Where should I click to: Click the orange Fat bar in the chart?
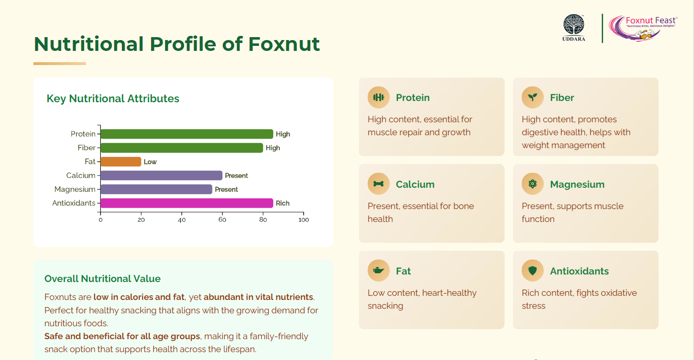coord(121,162)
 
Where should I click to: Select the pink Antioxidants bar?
coord(187,203)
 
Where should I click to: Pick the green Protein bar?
coord(187,134)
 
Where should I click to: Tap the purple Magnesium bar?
coord(156,189)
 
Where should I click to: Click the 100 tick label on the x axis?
coord(304,220)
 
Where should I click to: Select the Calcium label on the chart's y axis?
coord(81,175)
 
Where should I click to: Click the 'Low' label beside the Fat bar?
coord(150,162)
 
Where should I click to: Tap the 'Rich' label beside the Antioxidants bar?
coord(283,203)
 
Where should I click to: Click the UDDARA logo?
coord(574,28)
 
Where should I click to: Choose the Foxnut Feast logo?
coord(643,28)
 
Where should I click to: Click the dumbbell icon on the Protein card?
coord(379,98)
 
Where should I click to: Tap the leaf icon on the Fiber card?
coord(532,98)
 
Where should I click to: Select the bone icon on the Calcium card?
coord(379,184)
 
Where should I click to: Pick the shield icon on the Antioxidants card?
coord(532,271)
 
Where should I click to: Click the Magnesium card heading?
coord(577,184)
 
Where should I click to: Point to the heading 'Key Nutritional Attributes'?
coord(113,98)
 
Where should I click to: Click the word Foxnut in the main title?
coord(284,44)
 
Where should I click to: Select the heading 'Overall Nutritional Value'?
coord(103,279)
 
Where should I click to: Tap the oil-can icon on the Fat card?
coord(379,270)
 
